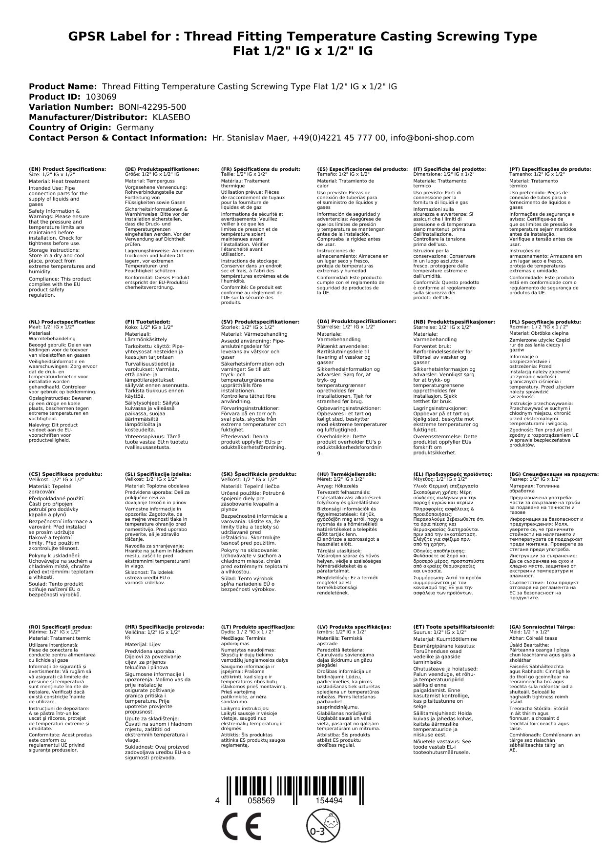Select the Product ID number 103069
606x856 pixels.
[101, 97]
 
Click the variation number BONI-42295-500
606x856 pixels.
[152, 107]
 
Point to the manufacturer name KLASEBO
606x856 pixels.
[171, 117]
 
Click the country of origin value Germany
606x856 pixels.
[135, 127]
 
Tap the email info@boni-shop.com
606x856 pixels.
[433, 138]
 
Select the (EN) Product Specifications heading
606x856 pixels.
[67, 169]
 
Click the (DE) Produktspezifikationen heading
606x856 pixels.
[162, 169]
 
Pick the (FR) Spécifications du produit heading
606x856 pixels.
[260, 169]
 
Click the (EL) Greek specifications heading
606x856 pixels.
[453, 474]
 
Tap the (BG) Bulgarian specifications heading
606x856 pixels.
[554, 474]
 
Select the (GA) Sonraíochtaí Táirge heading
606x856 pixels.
[535, 627]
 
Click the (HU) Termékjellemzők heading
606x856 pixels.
[347, 474]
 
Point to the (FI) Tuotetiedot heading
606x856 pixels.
[147, 322]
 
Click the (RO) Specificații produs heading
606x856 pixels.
[60, 627]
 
